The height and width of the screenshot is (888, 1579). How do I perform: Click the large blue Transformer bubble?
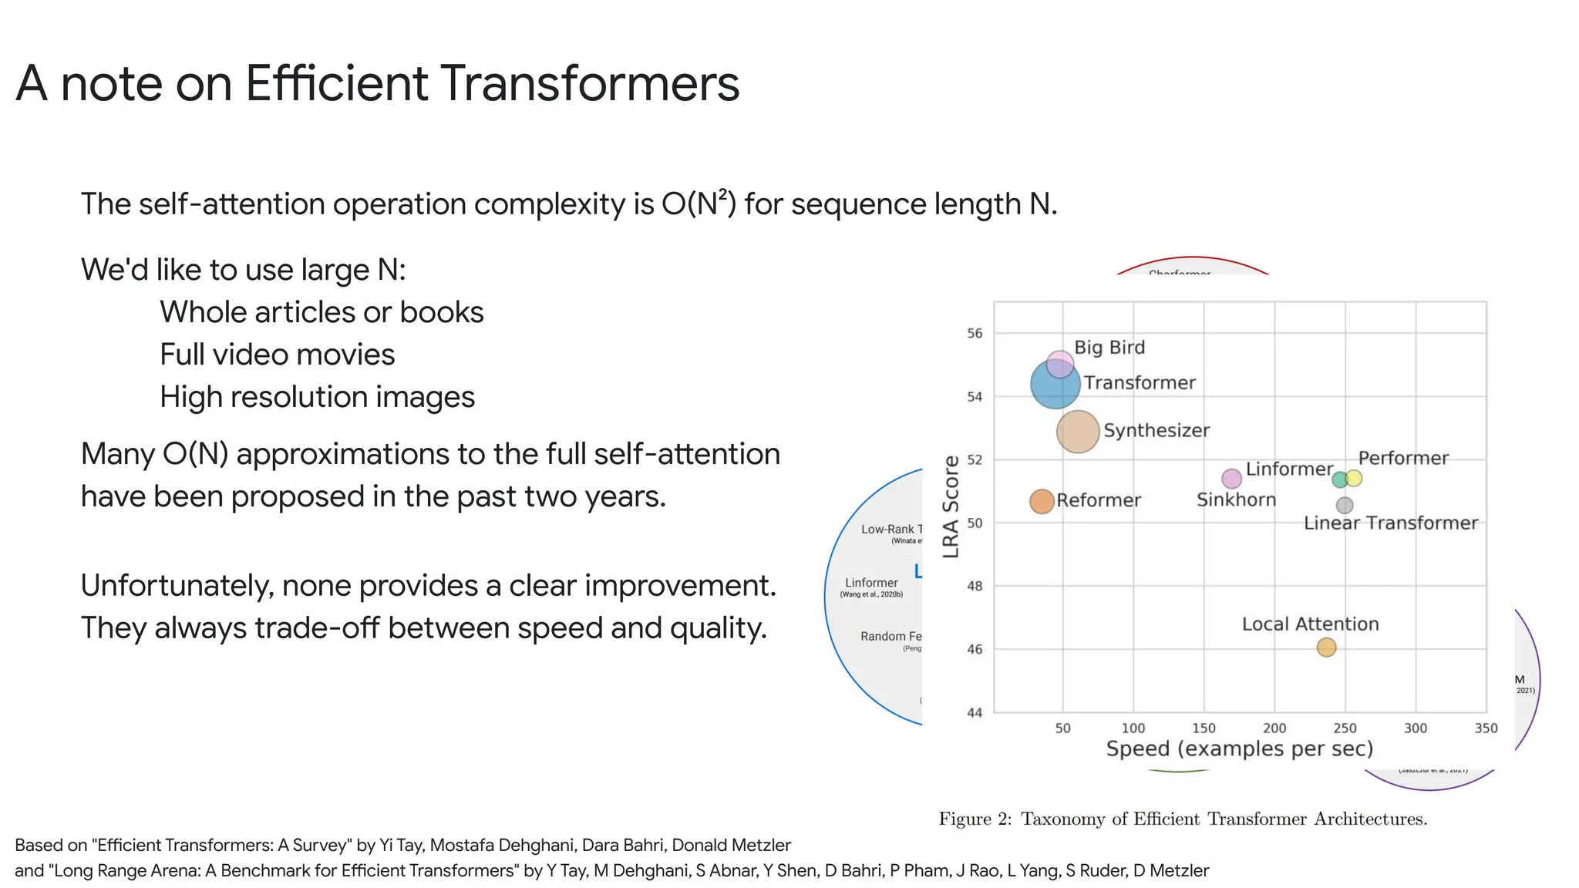pyautogui.click(x=1054, y=385)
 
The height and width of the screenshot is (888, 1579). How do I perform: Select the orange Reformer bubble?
pyautogui.click(x=1042, y=501)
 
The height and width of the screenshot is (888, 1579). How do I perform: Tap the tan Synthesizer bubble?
pyautogui.click(x=1077, y=431)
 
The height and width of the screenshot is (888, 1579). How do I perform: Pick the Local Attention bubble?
pyautogui.click(x=1326, y=647)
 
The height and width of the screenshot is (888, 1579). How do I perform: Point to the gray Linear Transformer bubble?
pyautogui.click(x=1345, y=506)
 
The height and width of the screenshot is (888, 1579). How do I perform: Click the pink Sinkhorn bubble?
pyautogui.click(x=1232, y=479)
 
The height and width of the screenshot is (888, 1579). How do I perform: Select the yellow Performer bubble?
pyautogui.click(x=1354, y=479)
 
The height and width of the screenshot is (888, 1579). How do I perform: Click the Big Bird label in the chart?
pyautogui.click(x=1109, y=348)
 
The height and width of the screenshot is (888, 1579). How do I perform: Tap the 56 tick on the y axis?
pyautogui.click(x=975, y=334)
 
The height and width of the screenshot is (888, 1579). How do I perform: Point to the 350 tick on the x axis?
pyautogui.click(x=1486, y=728)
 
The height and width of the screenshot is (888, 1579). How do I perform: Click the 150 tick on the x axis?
pyautogui.click(x=1204, y=728)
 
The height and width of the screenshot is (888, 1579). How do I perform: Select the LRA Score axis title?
pyautogui.click(x=951, y=506)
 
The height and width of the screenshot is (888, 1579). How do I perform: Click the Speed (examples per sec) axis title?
pyautogui.click(x=1239, y=749)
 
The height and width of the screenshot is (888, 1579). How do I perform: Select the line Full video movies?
pyautogui.click(x=277, y=355)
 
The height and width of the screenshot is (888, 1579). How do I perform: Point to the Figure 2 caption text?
pyautogui.click(x=1183, y=819)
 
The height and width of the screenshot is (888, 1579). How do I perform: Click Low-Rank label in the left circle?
pyautogui.click(x=887, y=530)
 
